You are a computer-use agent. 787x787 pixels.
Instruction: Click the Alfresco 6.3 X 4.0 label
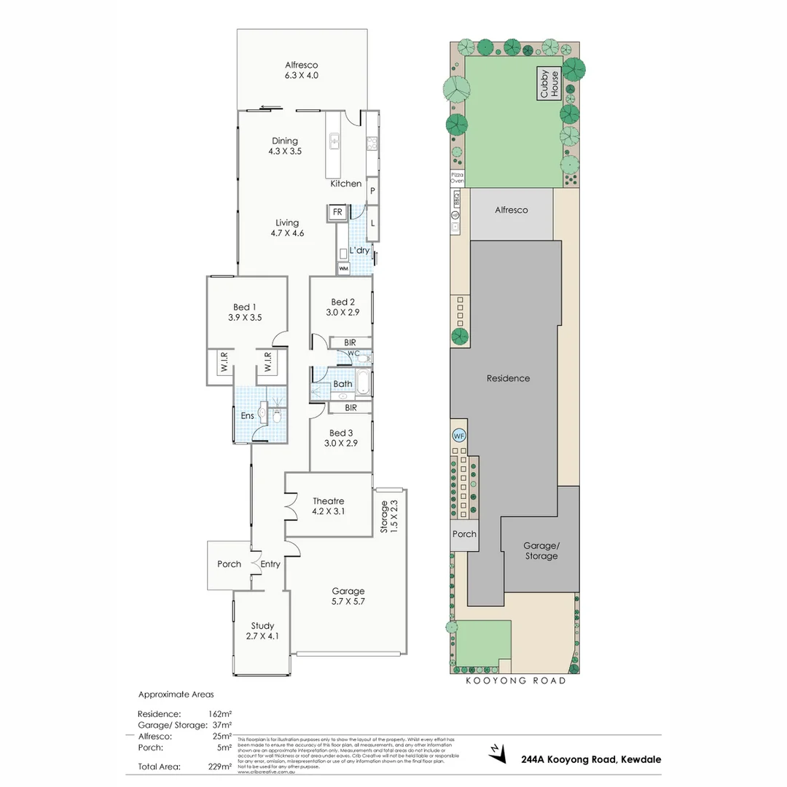pyautogui.click(x=302, y=70)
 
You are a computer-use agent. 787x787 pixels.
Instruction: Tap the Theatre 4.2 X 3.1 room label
pyautogui.click(x=328, y=506)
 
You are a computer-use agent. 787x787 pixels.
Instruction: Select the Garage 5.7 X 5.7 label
pyautogui.click(x=348, y=596)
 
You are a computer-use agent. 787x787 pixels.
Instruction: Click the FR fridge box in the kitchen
pyautogui.click(x=337, y=212)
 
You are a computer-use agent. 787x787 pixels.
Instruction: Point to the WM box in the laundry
pyautogui.click(x=343, y=269)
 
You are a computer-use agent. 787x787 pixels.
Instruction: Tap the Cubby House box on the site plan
pyautogui.click(x=549, y=84)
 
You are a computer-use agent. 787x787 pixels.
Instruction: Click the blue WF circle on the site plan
pyautogui.click(x=458, y=436)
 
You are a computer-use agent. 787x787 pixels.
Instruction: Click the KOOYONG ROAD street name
pyautogui.click(x=516, y=681)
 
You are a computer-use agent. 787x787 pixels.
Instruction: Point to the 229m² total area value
pyautogui.click(x=220, y=766)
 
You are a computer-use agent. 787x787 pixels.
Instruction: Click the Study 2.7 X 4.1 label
pyautogui.click(x=262, y=630)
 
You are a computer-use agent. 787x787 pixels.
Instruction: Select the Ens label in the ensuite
pyautogui.click(x=247, y=415)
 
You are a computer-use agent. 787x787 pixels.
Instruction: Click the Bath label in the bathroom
pyautogui.click(x=342, y=384)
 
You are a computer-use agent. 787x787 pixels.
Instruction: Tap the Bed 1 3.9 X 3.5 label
pyautogui.click(x=244, y=312)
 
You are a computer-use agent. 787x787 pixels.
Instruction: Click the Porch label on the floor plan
pyautogui.click(x=229, y=564)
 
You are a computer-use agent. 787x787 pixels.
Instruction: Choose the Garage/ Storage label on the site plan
pyautogui.click(x=541, y=550)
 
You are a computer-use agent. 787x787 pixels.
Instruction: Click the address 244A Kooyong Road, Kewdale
pyautogui.click(x=591, y=759)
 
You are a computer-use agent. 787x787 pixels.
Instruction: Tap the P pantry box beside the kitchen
pyautogui.click(x=372, y=190)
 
